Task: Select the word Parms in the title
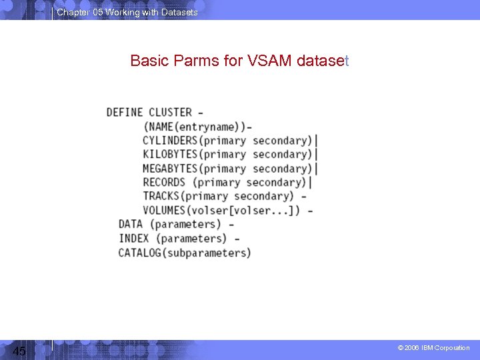197,61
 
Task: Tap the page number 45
19,351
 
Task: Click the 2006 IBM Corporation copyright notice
433,348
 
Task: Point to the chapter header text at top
127,12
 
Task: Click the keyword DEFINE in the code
125,112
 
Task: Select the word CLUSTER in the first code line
170,112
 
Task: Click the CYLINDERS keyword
170,140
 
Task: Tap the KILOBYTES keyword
170,154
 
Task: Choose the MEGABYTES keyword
170,168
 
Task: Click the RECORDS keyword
164,182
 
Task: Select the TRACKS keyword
161,196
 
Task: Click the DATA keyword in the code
131,224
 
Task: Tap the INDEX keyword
134,238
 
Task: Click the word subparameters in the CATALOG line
206,253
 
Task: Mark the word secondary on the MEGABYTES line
279,168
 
